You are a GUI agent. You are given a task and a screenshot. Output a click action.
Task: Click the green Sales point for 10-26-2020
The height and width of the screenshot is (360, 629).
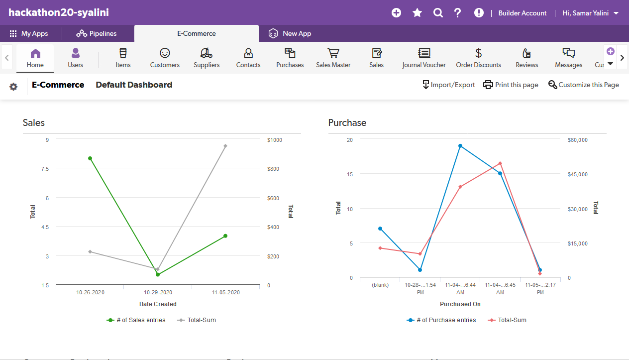click(90, 158)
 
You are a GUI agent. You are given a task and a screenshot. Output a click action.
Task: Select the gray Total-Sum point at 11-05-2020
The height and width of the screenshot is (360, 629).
click(225, 146)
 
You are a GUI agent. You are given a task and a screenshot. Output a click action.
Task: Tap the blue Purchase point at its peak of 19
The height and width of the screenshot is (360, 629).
click(460, 146)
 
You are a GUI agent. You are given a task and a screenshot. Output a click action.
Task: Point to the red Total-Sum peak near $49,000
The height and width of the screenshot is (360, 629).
click(500, 163)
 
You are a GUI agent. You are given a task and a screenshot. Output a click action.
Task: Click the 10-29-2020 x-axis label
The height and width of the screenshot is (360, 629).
click(158, 292)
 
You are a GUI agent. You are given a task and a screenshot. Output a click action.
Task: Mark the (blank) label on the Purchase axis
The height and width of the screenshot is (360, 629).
click(380, 285)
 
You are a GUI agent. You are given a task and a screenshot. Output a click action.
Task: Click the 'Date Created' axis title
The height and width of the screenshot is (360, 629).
click(158, 304)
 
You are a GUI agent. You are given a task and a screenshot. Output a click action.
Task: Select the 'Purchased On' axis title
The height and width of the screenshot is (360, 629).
click(460, 304)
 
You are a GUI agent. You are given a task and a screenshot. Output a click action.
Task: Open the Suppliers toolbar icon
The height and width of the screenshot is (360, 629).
click(207, 58)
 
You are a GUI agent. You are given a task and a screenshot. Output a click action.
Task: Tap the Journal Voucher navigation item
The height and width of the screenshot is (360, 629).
click(424, 58)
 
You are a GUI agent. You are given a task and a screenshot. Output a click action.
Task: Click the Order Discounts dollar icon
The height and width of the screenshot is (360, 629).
click(478, 53)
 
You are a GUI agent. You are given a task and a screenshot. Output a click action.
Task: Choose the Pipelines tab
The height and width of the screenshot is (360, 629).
click(97, 33)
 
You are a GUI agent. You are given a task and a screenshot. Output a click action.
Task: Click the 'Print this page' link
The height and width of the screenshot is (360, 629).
click(511, 85)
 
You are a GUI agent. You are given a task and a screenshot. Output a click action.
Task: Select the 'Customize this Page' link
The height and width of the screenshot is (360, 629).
click(584, 85)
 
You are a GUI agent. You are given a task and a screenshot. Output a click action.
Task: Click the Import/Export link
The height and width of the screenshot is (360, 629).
click(448, 85)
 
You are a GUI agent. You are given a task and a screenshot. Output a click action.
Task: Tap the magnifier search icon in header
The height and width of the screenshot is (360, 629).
click(438, 13)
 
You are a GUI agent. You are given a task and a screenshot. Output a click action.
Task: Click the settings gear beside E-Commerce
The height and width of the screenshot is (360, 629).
click(13, 87)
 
